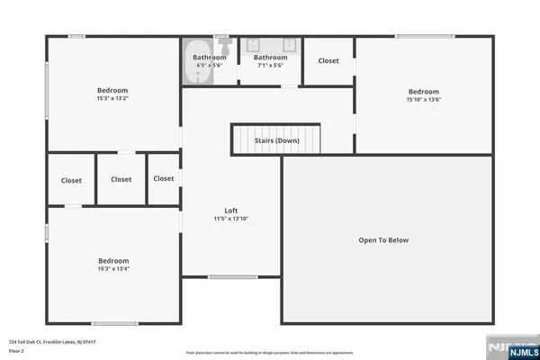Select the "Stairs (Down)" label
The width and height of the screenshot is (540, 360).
[276, 140]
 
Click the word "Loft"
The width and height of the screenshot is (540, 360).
[231, 211]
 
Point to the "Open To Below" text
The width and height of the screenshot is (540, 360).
[383, 240]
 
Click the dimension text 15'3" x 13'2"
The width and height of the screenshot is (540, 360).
[112, 99]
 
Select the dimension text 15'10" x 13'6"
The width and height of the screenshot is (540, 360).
[423, 99]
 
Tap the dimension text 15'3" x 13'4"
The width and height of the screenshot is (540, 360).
[113, 268]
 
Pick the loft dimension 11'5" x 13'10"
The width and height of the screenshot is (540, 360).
[231, 219]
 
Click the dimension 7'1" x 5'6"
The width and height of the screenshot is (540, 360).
[270, 66]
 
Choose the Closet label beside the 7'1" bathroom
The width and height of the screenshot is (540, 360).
[328, 61]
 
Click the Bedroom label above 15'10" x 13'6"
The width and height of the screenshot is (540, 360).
[423, 91]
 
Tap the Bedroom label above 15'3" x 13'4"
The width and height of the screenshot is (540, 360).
[113, 260]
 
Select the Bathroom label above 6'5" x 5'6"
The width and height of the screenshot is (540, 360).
[210, 58]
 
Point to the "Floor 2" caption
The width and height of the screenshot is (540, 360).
[16, 351]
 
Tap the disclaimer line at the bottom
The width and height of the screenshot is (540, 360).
[270, 352]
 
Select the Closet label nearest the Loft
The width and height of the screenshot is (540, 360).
[164, 178]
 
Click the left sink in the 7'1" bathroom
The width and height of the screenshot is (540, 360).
[253, 45]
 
